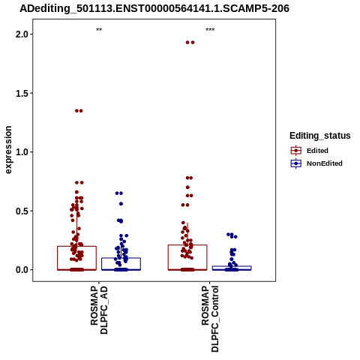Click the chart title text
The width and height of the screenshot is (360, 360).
pos(154,8)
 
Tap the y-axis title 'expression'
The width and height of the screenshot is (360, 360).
pos(8,150)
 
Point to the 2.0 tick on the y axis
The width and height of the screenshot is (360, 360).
pos(22,34)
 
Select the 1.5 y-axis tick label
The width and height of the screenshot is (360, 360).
pos(22,93)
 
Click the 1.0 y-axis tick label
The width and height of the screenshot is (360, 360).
pos(22,152)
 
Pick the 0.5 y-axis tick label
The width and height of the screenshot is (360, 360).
pos(22,211)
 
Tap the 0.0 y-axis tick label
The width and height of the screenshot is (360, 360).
pos(22,270)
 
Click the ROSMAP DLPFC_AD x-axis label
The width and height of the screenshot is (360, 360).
pos(99,310)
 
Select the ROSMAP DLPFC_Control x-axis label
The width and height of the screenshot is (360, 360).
pos(210,319)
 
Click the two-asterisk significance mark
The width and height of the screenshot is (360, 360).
pos(99,30)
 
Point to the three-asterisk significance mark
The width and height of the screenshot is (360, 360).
pos(210,30)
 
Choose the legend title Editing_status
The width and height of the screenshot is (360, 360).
pos(320,136)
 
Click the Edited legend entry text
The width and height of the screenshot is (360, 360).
pos(317,151)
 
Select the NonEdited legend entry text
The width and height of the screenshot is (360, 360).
pos(325,163)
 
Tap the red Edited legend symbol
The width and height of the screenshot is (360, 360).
pos(296,151)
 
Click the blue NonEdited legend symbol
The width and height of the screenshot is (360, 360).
pos(296,163)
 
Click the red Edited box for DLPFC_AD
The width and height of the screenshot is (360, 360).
pos(76,246)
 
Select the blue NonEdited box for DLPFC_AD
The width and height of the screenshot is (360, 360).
pos(121,258)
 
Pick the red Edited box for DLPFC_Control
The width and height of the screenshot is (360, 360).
pos(187,245)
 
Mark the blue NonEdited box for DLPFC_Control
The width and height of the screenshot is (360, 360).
pos(232,266)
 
